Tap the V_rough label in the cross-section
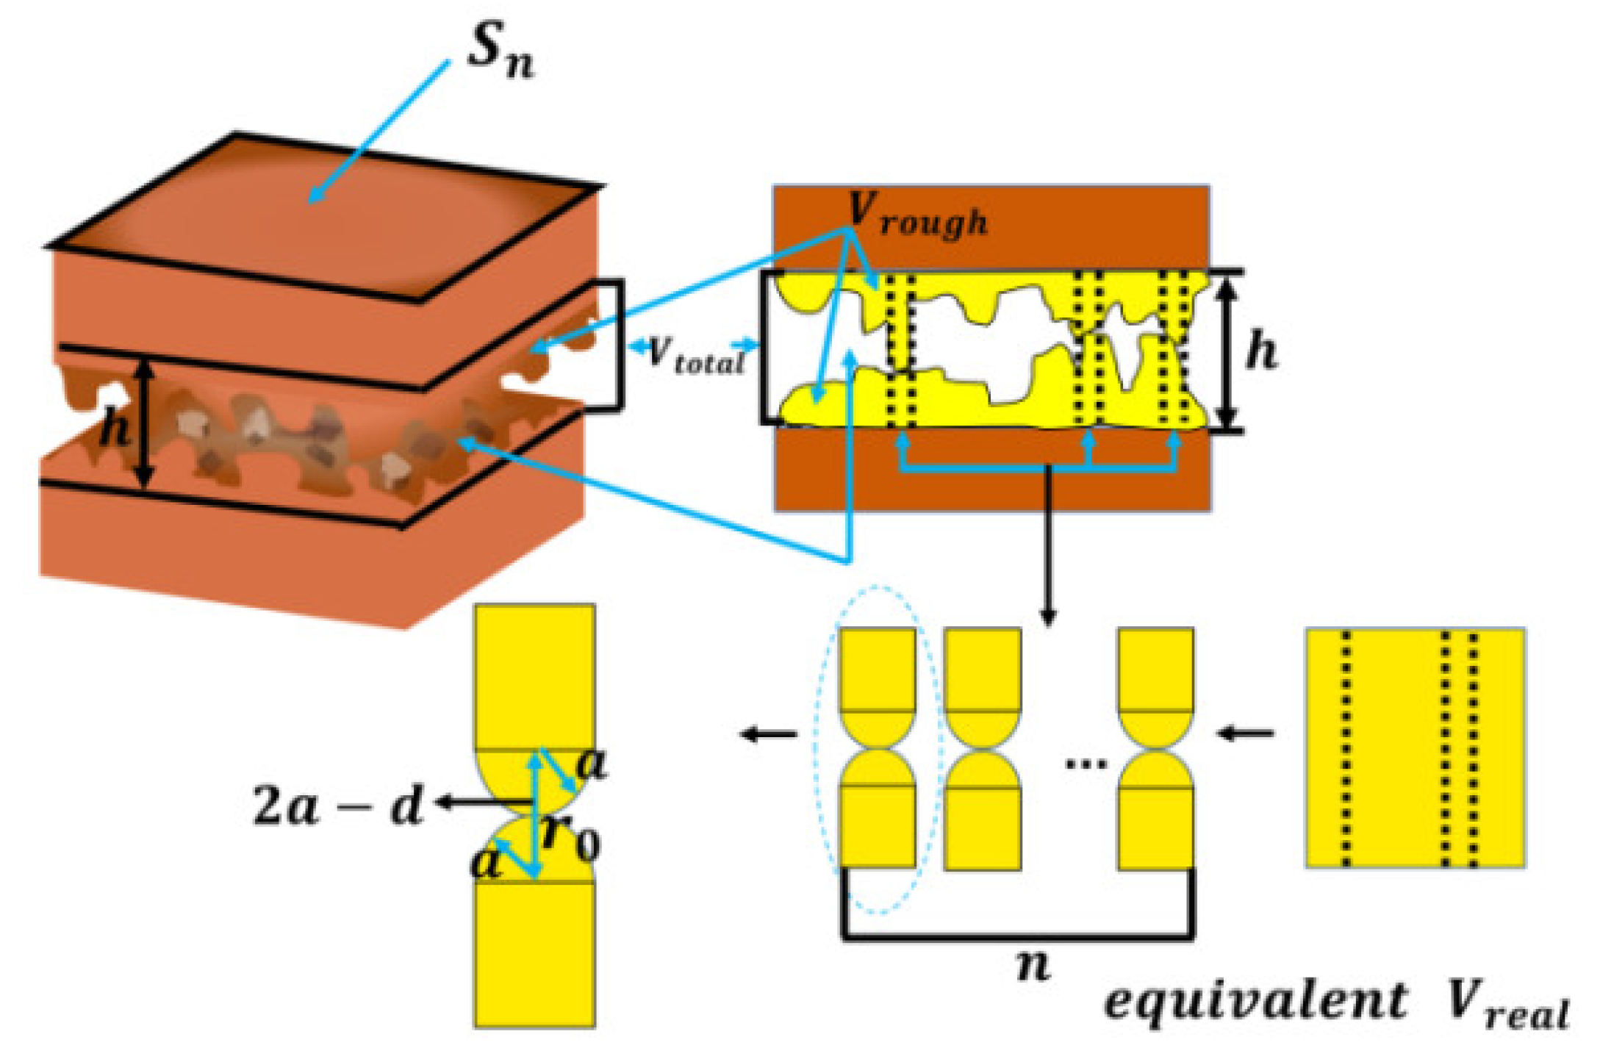[x=916, y=214]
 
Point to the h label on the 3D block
[x=115, y=427]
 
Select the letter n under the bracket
[x=1033, y=965]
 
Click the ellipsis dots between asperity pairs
[x=1086, y=764]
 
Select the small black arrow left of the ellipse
[x=769, y=733]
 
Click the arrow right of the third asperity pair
[x=1245, y=733]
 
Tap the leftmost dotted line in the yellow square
[x=1346, y=748]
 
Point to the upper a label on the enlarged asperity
[x=591, y=764]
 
